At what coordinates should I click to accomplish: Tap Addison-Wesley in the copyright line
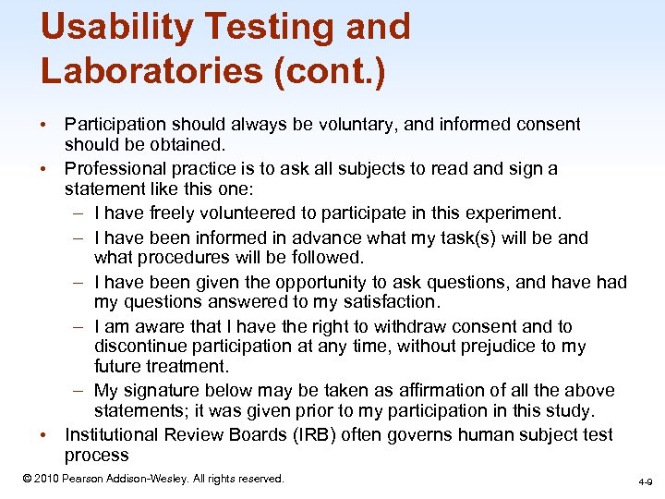click(136, 479)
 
